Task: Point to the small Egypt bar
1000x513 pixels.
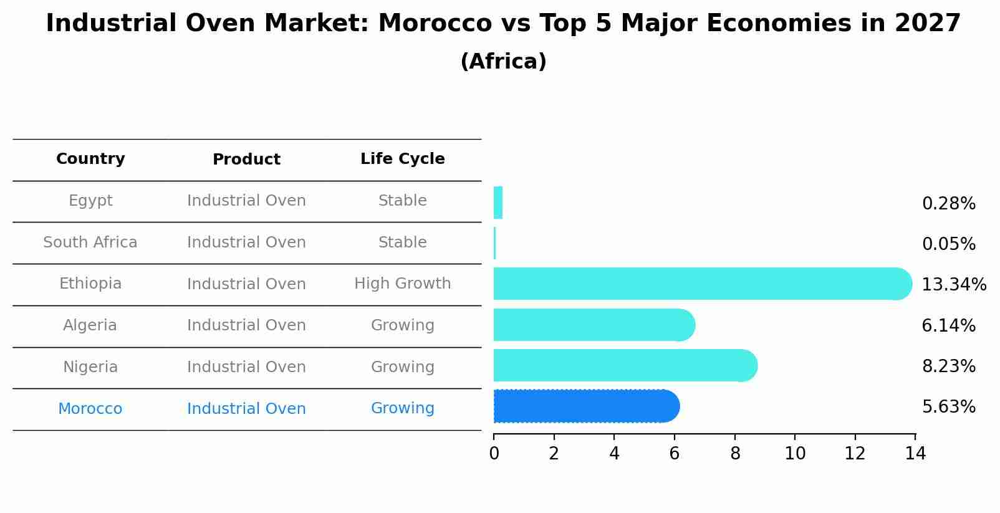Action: pos(498,203)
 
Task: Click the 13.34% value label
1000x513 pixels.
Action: pos(953,285)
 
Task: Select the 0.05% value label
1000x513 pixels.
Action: pos(948,244)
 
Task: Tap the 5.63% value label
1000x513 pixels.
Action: pos(948,407)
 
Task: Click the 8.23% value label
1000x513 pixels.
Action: pos(948,367)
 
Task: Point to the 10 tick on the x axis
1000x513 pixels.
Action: pos(795,454)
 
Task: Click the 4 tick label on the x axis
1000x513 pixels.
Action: pos(614,454)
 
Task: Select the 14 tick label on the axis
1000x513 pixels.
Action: pos(915,454)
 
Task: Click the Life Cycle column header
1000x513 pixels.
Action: pos(402,159)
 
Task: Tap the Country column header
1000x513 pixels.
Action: pos(90,159)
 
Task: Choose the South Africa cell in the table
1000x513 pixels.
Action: pos(90,242)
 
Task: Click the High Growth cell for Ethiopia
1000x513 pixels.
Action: pos(402,284)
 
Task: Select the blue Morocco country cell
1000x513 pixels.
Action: pos(90,409)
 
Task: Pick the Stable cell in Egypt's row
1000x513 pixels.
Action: pos(402,201)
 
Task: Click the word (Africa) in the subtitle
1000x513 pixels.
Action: pos(503,62)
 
